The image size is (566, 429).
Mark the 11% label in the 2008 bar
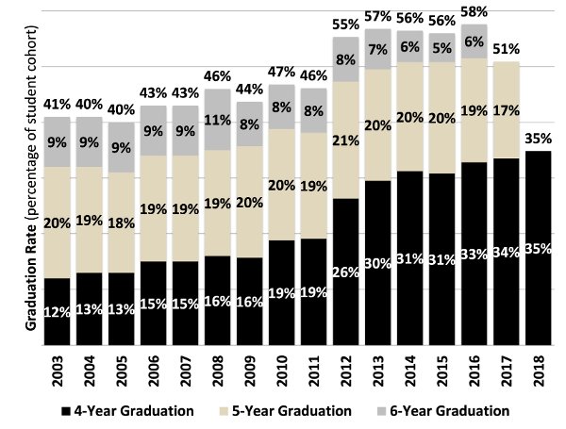[219, 120]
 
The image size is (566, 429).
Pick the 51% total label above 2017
[506, 50]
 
